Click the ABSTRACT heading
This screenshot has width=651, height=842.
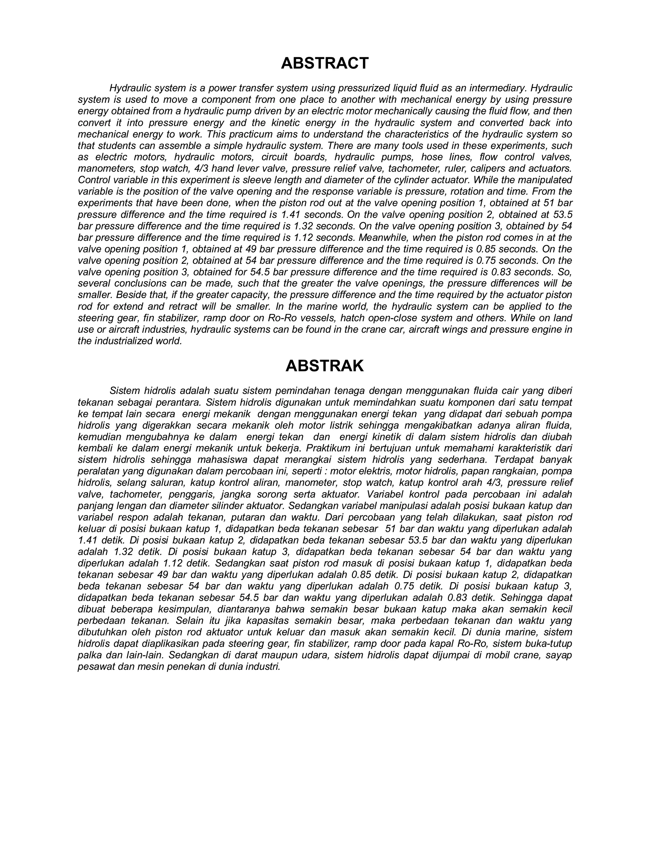click(325, 63)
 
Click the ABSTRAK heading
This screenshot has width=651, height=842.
click(325, 366)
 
